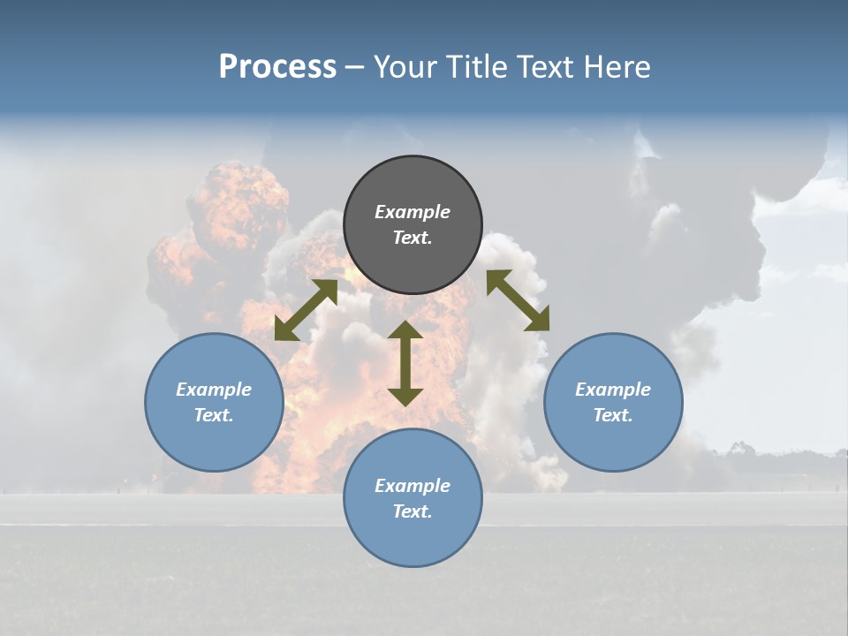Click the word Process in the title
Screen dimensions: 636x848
pyautogui.click(x=277, y=67)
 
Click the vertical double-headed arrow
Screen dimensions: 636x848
pyautogui.click(x=405, y=363)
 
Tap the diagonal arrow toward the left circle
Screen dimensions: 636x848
pyautogui.click(x=306, y=310)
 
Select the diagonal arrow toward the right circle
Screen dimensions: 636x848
pyautogui.click(x=518, y=300)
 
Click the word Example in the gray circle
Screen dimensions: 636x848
pyautogui.click(x=413, y=212)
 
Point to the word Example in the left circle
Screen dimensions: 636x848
pyautogui.click(x=214, y=390)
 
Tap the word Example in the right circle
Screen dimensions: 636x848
pyautogui.click(x=613, y=390)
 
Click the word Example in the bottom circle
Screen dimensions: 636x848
pyautogui.click(x=413, y=486)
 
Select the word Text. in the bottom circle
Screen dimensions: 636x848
pyautogui.click(x=413, y=511)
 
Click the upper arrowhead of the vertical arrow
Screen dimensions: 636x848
pyautogui.click(x=405, y=331)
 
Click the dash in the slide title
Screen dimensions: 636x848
pyautogui.click(x=355, y=68)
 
